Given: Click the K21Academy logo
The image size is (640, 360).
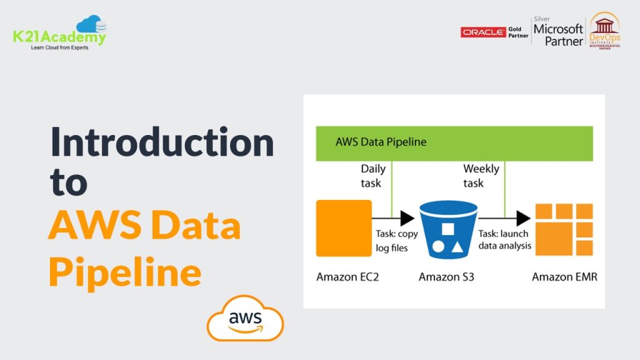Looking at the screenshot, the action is (59, 32).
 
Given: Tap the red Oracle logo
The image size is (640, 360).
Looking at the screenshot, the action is (483, 32).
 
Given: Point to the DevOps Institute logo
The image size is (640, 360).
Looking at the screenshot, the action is (604, 31).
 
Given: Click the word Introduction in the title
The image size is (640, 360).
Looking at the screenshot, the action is (162, 142).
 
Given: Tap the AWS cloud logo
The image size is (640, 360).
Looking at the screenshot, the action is (245, 318).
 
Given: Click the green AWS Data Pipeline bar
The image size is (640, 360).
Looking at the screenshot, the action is (454, 143).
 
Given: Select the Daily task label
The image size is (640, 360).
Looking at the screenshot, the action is (373, 176).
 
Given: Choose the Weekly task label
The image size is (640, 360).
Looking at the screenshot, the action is (481, 176).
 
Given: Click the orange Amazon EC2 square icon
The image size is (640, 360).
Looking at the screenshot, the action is (344, 228).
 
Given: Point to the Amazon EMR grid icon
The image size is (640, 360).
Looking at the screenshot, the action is (564, 229).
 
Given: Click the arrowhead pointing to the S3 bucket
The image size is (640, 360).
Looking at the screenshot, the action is (407, 218).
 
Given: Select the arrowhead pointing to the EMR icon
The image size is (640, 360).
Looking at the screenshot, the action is (523, 218).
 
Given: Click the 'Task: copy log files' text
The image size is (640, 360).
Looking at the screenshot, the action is (397, 241).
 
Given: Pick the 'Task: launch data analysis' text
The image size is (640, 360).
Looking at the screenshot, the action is (505, 239).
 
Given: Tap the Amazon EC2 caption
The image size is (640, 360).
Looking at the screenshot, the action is (347, 277).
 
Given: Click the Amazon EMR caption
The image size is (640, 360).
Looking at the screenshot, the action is (564, 277).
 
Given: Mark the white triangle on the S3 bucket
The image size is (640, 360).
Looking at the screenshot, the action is (457, 246).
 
